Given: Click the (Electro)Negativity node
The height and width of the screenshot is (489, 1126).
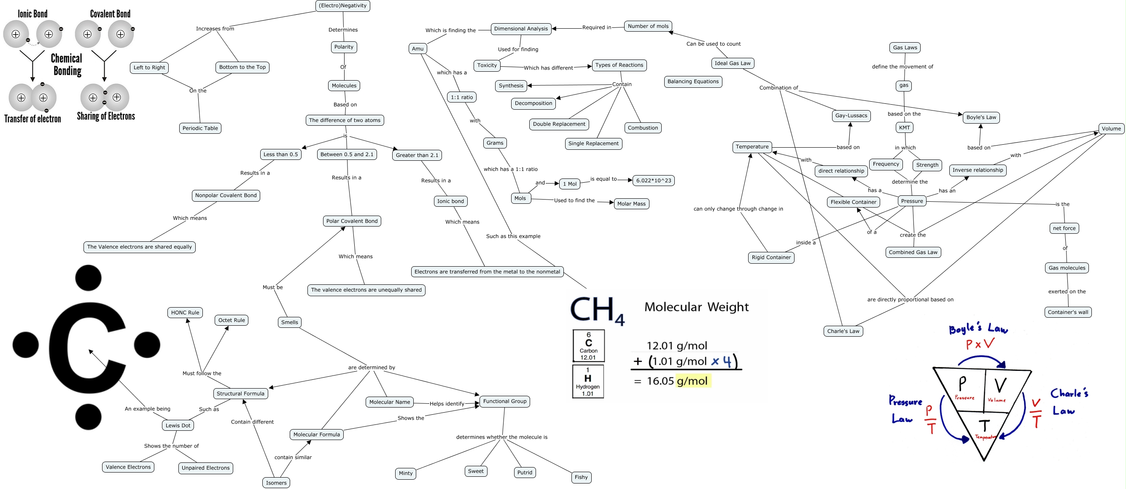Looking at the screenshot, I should (343, 5).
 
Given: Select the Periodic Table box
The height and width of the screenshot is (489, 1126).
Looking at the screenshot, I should (200, 128).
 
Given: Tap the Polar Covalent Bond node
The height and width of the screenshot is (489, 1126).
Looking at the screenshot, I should (352, 221).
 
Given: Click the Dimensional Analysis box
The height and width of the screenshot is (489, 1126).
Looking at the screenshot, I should (520, 29).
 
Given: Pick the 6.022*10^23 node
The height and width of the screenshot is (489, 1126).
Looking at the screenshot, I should (653, 180).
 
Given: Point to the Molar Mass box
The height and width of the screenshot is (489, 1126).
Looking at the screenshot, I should (631, 204).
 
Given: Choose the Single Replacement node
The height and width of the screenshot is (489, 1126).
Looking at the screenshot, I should (593, 143).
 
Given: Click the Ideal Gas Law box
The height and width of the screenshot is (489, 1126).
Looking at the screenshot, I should (732, 63).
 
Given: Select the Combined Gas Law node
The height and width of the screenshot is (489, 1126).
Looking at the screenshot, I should (913, 252).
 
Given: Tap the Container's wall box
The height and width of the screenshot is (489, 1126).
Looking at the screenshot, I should (1067, 312).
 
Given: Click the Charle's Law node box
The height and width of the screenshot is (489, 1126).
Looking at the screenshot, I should (843, 331).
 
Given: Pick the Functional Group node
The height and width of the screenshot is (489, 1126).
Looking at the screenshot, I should (504, 401).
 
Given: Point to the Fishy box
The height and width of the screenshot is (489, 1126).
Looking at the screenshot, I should (581, 477).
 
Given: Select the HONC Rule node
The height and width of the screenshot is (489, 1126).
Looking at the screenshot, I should (185, 313).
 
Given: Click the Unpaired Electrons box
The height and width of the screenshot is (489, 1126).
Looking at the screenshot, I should (205, 468).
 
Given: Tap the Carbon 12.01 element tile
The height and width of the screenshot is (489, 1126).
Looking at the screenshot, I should (588, 346).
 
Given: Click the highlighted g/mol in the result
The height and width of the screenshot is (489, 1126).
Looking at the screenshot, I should (692, 381).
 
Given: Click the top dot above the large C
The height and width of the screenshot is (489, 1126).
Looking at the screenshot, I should (88, 278).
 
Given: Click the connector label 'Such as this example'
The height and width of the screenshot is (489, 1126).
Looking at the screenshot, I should (513, 236).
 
